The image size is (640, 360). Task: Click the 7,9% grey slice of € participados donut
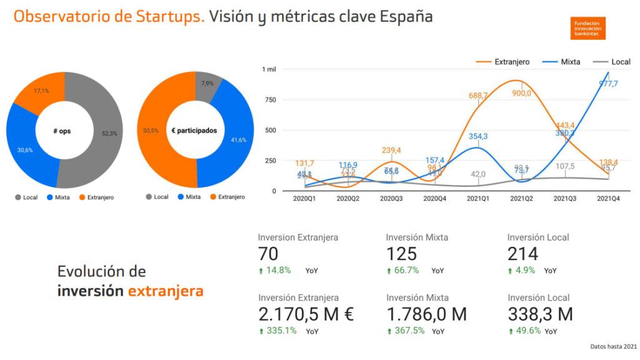click(207, 84)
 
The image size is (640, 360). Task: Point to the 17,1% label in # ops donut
click(41, 91)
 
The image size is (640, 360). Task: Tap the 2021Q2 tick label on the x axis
click(522, 198)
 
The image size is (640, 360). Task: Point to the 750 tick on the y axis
click(269, 99)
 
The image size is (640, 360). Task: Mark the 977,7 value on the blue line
click(608, 84)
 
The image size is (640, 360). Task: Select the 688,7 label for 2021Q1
click(478, 95)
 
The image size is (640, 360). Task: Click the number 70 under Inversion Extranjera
click(268, 254)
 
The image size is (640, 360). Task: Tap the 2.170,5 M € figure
click(306, 314)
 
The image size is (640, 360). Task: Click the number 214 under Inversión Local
click(522, 254)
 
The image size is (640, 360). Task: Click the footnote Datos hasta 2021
click(614, 346)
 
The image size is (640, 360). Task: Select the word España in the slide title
click(406, 17)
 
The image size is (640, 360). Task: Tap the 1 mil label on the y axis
click(269, 69)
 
